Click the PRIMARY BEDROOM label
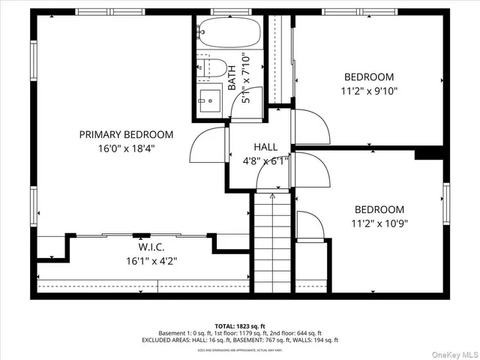tap(126, 135)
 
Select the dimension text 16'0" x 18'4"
tap(126, 148)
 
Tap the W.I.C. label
tap(151, 247)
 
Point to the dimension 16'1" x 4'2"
tap(151, 261)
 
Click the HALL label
tap(265, 147)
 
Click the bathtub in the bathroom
tap(229, 32)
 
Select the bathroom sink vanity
tap(211, 98)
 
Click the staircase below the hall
tap(272, 240)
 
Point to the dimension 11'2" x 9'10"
tap(369, 91)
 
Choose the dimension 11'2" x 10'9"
tap(379, 223)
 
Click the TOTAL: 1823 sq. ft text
tap(239, 326)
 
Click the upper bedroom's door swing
tap(309, 127)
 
